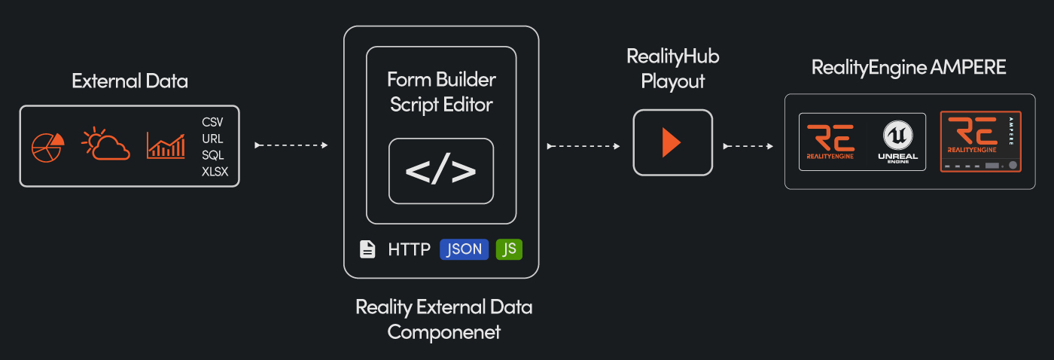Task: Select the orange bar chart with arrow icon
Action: (x=166, y=145)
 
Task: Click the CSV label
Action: (x=212, y=122)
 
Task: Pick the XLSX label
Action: (x=215, y=172)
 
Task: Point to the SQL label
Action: (x=212, y=155)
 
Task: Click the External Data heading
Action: (x=129, y=81)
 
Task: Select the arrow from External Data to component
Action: (x=291, y=145)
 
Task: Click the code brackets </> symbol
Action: (x=441, y=172)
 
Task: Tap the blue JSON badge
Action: (x=464, y=249)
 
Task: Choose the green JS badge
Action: (x=509, y=249)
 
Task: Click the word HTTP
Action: (x=409, y=249)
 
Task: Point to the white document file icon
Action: (x=367, y=249)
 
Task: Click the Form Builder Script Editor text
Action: (x=441, y=91)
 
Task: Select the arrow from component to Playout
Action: (x=586, y=145)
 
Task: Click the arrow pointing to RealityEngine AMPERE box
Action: (x=748, y=145)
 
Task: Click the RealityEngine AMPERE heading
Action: (x=909, y=68)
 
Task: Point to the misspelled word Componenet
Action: (x=443, y=331)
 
